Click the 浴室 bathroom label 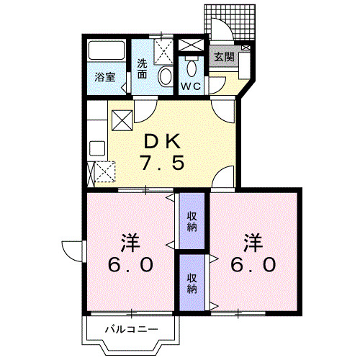tap(106, 77)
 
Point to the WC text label tap(191, 85)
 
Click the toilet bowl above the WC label tap(191, 68)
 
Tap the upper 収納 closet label tap(192, 221)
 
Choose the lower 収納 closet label tap(192, 283)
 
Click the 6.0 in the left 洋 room tap(131, 264)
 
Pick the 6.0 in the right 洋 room tap(253, 264)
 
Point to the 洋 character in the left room tap(130, 241)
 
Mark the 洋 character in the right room tap(252, 241)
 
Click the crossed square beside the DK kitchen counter tap(120, 118)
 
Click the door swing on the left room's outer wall tap(72, 251)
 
